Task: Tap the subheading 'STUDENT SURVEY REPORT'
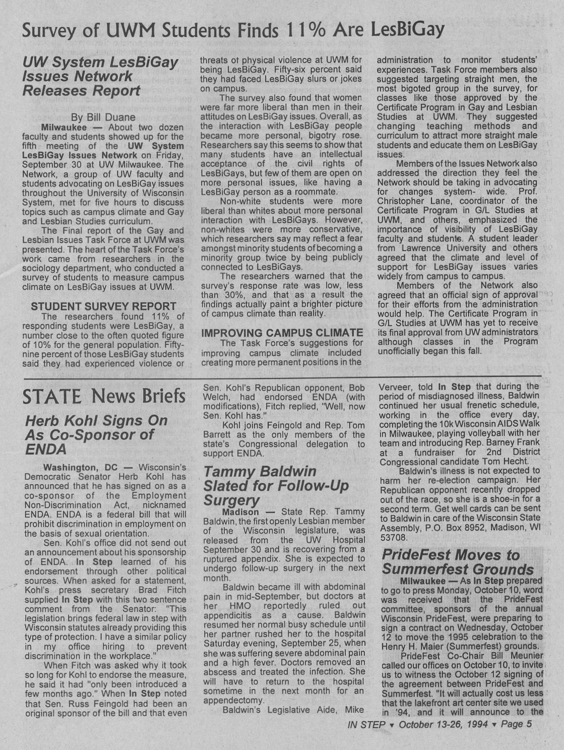[x=104, y=306]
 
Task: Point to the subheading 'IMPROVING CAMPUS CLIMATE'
[x=282, y=333]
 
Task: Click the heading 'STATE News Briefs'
[x=104, y=396]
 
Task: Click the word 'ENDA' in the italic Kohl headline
[x=38, y=449]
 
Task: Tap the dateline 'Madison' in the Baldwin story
[x=240, y=512]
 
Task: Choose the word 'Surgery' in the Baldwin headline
[x=232, y=501]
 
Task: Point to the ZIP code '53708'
[x=394, y=537]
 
